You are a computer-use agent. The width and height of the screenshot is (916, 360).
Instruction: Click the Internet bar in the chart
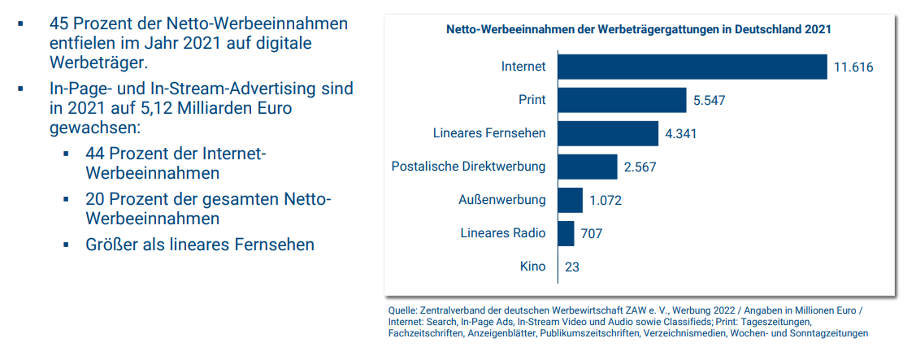(692, 67)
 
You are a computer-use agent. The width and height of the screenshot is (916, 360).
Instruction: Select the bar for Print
(622, 100)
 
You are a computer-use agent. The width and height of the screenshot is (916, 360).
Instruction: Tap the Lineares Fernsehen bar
(608, 133)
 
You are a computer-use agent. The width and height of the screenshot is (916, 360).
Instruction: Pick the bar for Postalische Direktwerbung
(588, 167)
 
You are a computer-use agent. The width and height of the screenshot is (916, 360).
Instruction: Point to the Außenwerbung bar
(571, 201)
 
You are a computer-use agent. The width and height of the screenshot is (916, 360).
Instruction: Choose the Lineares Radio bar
(566, 234)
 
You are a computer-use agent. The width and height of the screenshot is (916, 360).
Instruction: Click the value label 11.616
(853, 67)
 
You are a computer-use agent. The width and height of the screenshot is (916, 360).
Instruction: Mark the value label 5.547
(710, 101)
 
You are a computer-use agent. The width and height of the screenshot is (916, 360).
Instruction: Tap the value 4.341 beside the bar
(681, 134)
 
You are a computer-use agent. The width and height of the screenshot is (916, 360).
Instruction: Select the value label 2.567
(640, 167)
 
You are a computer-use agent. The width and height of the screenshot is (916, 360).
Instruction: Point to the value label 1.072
(606, 201)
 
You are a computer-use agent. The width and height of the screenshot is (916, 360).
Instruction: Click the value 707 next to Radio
(592, 234)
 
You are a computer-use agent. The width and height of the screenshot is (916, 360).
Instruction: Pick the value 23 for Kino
(572, 267)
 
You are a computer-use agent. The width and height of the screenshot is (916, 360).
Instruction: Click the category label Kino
(533, 267)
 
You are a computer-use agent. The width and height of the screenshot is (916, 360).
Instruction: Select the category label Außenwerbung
(502, 201)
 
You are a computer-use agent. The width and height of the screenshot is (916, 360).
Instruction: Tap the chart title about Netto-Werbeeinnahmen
(639, 29)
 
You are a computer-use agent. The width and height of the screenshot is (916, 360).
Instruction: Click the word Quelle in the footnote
(402, 311)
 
